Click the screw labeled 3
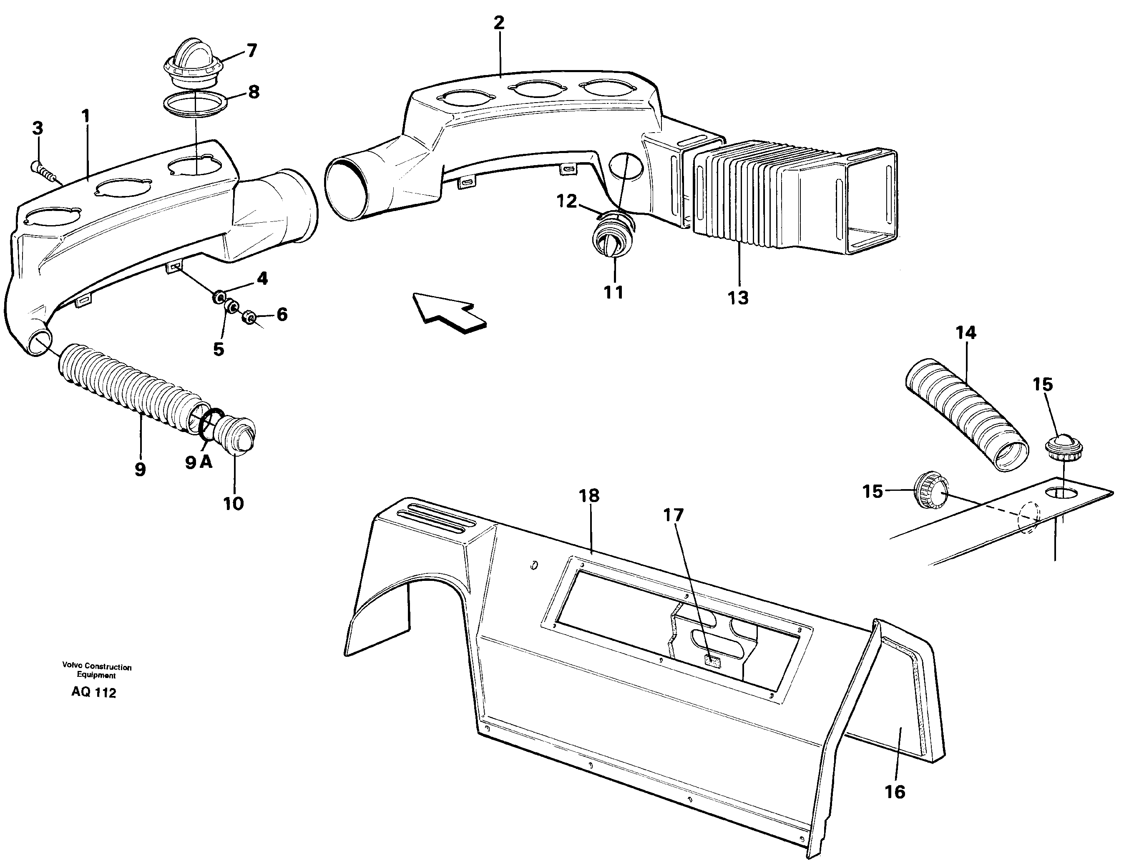[43, 171]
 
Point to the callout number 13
[738, 297]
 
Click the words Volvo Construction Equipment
[97, 671]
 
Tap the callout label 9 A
[199, 462]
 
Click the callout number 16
[895, 791]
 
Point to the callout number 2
[498, 23]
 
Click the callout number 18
[588, 496]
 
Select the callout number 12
[566, 201]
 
